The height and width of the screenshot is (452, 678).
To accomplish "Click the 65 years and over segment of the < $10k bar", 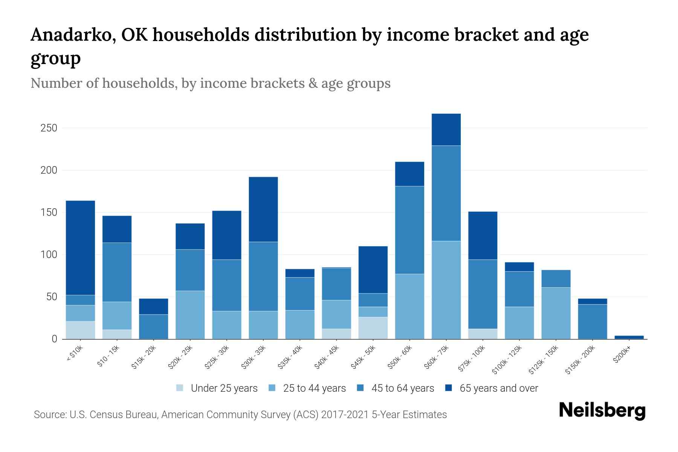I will pos(80,247).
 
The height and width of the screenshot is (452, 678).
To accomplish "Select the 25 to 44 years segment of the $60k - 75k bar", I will pos(446,290).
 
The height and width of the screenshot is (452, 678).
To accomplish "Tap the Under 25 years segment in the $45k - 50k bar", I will pos(373,328).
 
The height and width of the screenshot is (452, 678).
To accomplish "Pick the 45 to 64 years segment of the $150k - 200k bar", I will pos(592,321).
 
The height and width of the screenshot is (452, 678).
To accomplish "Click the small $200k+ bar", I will pos(629,337).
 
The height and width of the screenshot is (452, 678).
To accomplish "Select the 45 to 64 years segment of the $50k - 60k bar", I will pos(409,230).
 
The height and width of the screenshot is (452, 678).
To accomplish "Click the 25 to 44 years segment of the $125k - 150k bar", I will pos(556,313).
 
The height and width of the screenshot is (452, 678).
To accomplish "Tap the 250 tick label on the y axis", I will pos(49,128).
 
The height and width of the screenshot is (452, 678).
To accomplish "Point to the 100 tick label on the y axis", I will pos(49,255).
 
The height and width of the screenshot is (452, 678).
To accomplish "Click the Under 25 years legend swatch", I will pos(180,388).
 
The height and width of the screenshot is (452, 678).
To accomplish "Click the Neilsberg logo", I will pos(602,411).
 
